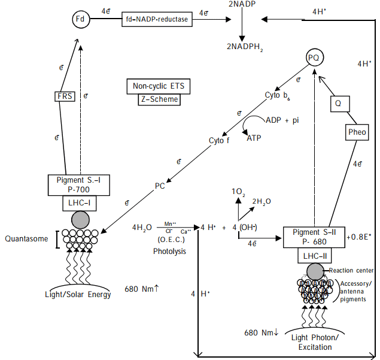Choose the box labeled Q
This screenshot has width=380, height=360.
339,104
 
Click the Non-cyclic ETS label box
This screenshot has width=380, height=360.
159,86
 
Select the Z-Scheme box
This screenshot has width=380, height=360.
159,99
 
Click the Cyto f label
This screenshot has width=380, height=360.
219,141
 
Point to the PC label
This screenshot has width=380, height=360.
160,186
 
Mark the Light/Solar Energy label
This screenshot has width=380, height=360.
78,294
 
